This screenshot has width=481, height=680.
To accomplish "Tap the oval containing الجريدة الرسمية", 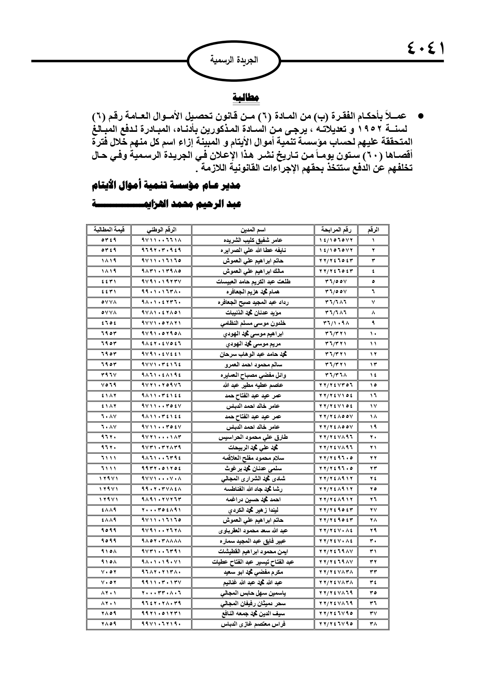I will (x=234, y=60).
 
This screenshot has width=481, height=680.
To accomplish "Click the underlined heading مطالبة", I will (x=246, y=98).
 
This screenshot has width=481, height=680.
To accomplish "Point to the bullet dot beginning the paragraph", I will (x=419, y=116).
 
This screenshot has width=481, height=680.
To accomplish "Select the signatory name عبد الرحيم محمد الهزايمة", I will (x=167, y=205).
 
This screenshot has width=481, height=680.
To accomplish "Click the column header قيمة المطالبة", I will (x=109, y=230).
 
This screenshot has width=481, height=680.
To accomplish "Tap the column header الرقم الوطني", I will (x=162, y=230).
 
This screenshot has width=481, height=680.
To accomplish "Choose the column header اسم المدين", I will (x=253, y=230).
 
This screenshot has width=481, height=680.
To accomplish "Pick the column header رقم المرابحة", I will (x=336, y=230).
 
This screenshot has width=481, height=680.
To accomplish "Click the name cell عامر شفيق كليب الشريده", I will (x=253, y=240).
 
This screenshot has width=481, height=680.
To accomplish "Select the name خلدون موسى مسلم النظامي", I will (x=253, y=323).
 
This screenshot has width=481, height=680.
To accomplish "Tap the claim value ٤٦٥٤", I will (x=109, y=323).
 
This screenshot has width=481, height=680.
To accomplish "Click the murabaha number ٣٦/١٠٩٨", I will (x=336, y=323).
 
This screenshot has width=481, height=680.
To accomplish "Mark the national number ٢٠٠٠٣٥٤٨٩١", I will (x=162, y=510).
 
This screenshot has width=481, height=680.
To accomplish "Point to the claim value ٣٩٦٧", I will (x=109, y=375).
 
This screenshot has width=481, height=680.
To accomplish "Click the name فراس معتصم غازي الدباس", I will (x=253, y=624).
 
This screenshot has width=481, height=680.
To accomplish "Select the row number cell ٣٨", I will (x=373, y=624).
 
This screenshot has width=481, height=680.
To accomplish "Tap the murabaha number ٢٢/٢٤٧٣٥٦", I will (x=336, y=385).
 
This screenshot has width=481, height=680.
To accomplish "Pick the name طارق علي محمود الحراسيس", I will (x=253, y=437).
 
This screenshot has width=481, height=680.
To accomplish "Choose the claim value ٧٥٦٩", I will (x=109, y=385).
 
